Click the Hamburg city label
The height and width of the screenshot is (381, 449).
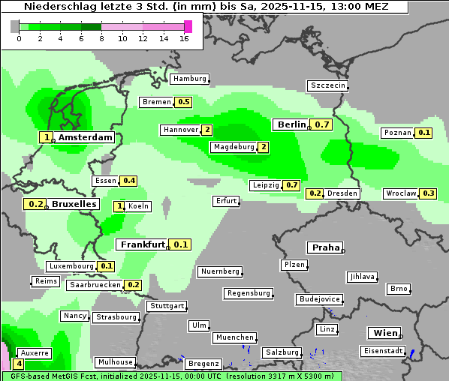189,79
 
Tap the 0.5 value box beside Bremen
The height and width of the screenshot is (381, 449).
183,102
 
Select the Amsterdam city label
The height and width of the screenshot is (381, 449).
85,137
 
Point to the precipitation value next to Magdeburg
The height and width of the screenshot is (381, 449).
264,147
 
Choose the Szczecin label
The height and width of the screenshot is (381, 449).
327,85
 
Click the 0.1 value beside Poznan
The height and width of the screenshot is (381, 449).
424,133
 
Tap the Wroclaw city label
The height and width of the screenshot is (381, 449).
401,193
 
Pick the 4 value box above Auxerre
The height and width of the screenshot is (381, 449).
19,364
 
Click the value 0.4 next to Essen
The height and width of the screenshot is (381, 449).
129,181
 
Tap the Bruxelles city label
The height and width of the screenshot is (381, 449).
74,204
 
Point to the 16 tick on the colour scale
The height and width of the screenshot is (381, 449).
184,39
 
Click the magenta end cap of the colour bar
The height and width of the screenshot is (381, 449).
188,26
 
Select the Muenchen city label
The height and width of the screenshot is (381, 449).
234,338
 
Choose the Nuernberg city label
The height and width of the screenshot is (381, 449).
220,271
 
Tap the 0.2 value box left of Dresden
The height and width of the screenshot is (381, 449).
315,193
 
